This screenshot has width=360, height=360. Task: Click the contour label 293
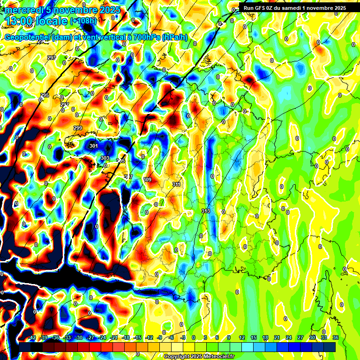pyautogui.click(x=52, y=58)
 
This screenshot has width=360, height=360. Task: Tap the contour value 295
pyautogui.click(x=45, y=95)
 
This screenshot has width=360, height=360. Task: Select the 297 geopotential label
pyautogui.click(x=65, y=105)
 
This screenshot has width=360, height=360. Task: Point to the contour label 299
pyautogui.click(x=78, y=128)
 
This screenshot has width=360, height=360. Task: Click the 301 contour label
pyautogui.click(x=94, y=146)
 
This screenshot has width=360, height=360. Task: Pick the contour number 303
pyautogui.click(x=105, y=158)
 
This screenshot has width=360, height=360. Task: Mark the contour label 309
pyautogui.click(x=147, y=180)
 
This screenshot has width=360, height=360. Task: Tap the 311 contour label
pyautogui.click(x=176, y=184)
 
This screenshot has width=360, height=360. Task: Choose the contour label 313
pyautogui.click(x=205, y=211)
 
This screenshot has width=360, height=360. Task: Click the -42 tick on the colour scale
pyautogui.click(x=32, y=338)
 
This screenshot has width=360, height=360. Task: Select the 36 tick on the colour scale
pyautogui.click(x=336, y=338)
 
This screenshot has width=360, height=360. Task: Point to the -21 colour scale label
pyautogui.click(x=114, y=338)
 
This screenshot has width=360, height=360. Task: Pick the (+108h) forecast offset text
pyautogui.click(x=83, y=21)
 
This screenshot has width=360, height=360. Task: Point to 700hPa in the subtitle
pyautogui.click(x=145, y=37)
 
